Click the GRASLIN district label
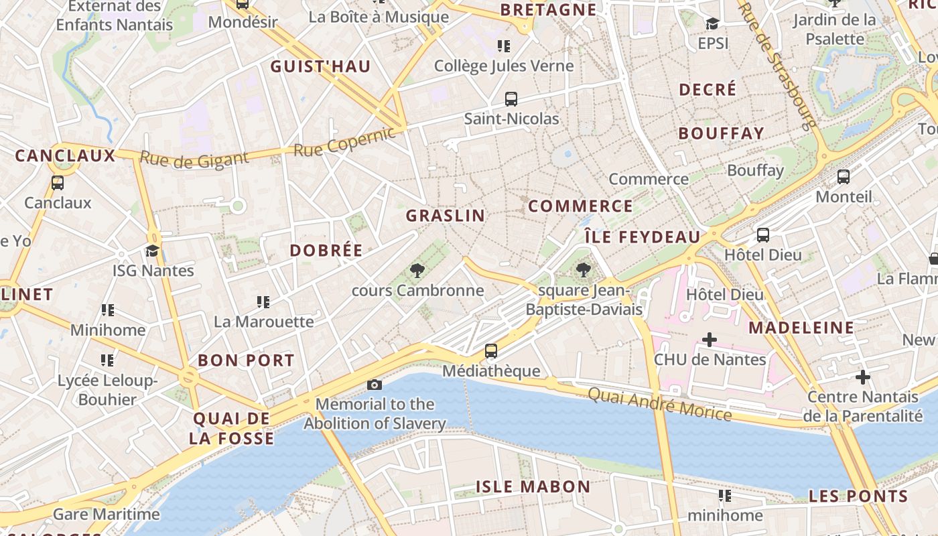445,216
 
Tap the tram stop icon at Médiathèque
491,350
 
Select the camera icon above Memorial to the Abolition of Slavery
375,385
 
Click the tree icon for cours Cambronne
417,271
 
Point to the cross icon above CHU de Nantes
709,340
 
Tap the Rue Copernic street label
344,142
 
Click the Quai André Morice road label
659,403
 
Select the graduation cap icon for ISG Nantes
153,251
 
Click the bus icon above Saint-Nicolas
511,99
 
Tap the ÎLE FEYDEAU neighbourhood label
642,237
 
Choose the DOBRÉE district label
326,251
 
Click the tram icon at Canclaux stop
58,182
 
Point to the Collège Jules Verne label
504,66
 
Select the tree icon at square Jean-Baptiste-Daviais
584,270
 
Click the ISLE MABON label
533,486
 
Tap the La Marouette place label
263,322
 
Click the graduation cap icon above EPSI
712,24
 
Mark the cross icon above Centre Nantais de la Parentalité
862,377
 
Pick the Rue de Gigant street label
194,159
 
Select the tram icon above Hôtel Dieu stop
762,235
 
